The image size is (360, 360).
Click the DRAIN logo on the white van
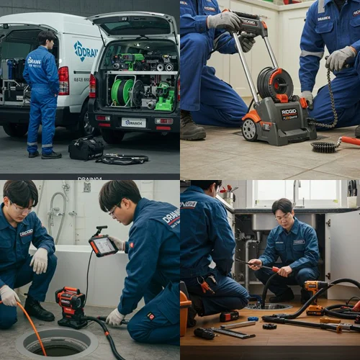86,50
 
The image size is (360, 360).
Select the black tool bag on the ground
86,148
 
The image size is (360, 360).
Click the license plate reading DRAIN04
134,122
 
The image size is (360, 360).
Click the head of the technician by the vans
46,38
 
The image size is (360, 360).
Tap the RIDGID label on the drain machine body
289,113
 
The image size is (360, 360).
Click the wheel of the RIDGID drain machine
249,130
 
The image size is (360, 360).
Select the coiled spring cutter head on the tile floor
326,146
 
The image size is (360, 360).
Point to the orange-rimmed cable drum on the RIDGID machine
275,83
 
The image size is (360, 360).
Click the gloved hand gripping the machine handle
224,21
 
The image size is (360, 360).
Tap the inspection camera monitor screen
104,246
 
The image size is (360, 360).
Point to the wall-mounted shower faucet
54,209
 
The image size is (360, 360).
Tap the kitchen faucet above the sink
294,191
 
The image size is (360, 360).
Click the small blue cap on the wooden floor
253,318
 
